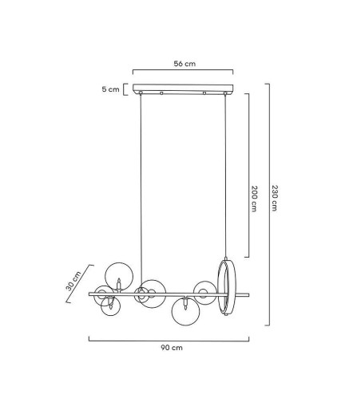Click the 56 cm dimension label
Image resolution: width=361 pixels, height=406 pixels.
coord(184,64)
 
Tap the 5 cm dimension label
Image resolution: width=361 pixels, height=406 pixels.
coord(110,89)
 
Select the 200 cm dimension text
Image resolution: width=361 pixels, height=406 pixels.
coord(255,199)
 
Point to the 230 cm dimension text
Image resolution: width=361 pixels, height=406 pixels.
coord(275,198)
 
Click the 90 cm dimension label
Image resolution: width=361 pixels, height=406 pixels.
coord(172,348)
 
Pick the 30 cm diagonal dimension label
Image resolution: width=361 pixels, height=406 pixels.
coord(73,281)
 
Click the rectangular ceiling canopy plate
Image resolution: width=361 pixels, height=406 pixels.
coord(183,88)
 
